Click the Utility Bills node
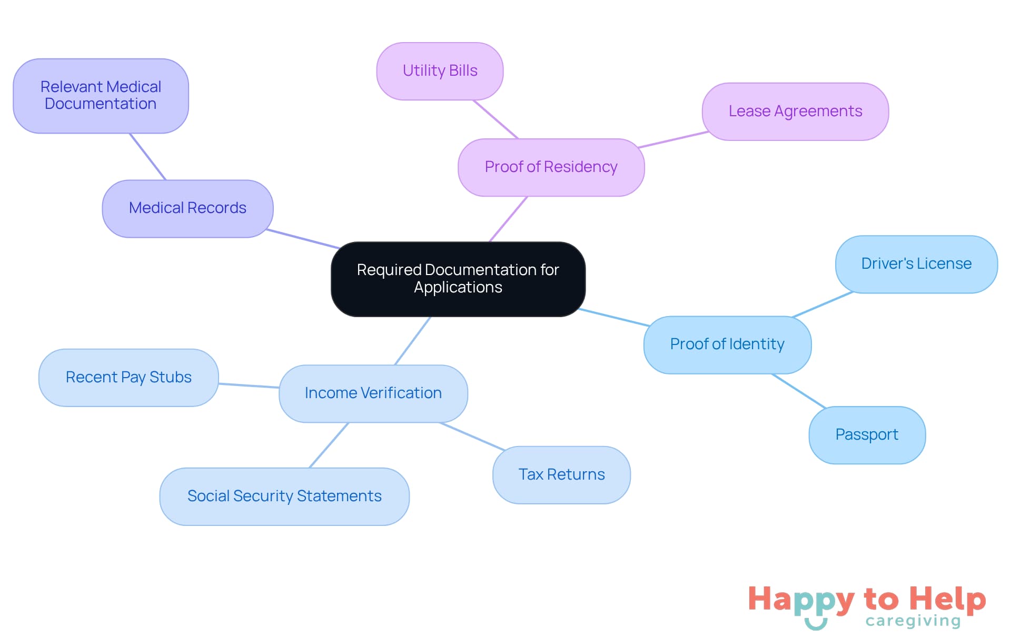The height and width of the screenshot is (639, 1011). (x=440, y=71)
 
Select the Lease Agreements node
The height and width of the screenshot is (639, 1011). (x=795, y=111)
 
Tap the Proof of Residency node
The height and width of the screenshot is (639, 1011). (x=551, y=167)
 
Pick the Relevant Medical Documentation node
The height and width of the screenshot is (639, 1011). (x=101, y=96)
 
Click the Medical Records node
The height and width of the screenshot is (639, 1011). (x=187, y=208)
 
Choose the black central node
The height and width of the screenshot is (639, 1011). (x=458, y=279)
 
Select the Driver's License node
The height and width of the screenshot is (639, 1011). (x=916, y=264)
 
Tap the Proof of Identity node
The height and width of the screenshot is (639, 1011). (x=727, y=344)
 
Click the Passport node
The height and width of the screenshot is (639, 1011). (x=867, y=435)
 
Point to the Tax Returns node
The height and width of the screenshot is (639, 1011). (x=561, y=475)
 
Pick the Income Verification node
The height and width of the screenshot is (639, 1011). (x=373, y=393)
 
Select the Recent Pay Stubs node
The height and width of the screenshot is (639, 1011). (x=128, y=378)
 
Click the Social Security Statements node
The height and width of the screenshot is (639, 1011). (x=284, y=496)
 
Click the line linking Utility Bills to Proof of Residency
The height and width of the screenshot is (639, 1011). (x=495, y=119)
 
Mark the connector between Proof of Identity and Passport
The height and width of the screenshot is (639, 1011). (x=798, y=391)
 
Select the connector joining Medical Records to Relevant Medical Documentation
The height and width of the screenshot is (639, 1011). (x=148, y=157)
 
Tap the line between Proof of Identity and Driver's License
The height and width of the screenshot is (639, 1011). (x=822, y=305)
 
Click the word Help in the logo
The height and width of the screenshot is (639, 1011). (x=947, y=600)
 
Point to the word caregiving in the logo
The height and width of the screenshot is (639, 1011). (x=913, y=621)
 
